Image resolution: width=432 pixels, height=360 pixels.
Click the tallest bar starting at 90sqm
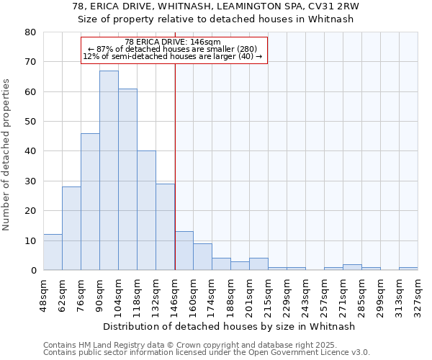[109, 171]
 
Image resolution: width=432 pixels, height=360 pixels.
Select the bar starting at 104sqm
[127, 179]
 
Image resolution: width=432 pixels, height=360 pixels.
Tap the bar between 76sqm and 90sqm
[90, 202]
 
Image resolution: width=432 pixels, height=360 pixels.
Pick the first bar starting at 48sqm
[53, 252]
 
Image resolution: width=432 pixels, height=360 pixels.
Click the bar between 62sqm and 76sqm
[71, 228]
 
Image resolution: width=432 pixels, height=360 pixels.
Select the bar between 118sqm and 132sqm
[146, 210]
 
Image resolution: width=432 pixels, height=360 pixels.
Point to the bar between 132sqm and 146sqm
[165, 227]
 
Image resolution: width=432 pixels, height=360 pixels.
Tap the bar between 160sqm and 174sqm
[202, 257]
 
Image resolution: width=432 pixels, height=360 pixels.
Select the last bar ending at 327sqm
[408, 269]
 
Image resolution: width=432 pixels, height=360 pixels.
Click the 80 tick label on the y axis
[30, 32]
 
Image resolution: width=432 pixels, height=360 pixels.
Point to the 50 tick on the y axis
[30, 122]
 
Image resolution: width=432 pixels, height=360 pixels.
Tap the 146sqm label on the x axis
[175, 294]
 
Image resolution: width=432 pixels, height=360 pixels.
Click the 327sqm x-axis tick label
[418, 294]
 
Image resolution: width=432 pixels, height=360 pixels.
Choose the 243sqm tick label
[306, 294]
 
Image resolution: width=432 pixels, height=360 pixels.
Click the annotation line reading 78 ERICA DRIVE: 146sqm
[173, 42]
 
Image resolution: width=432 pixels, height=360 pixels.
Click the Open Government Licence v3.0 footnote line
[207, 352]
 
